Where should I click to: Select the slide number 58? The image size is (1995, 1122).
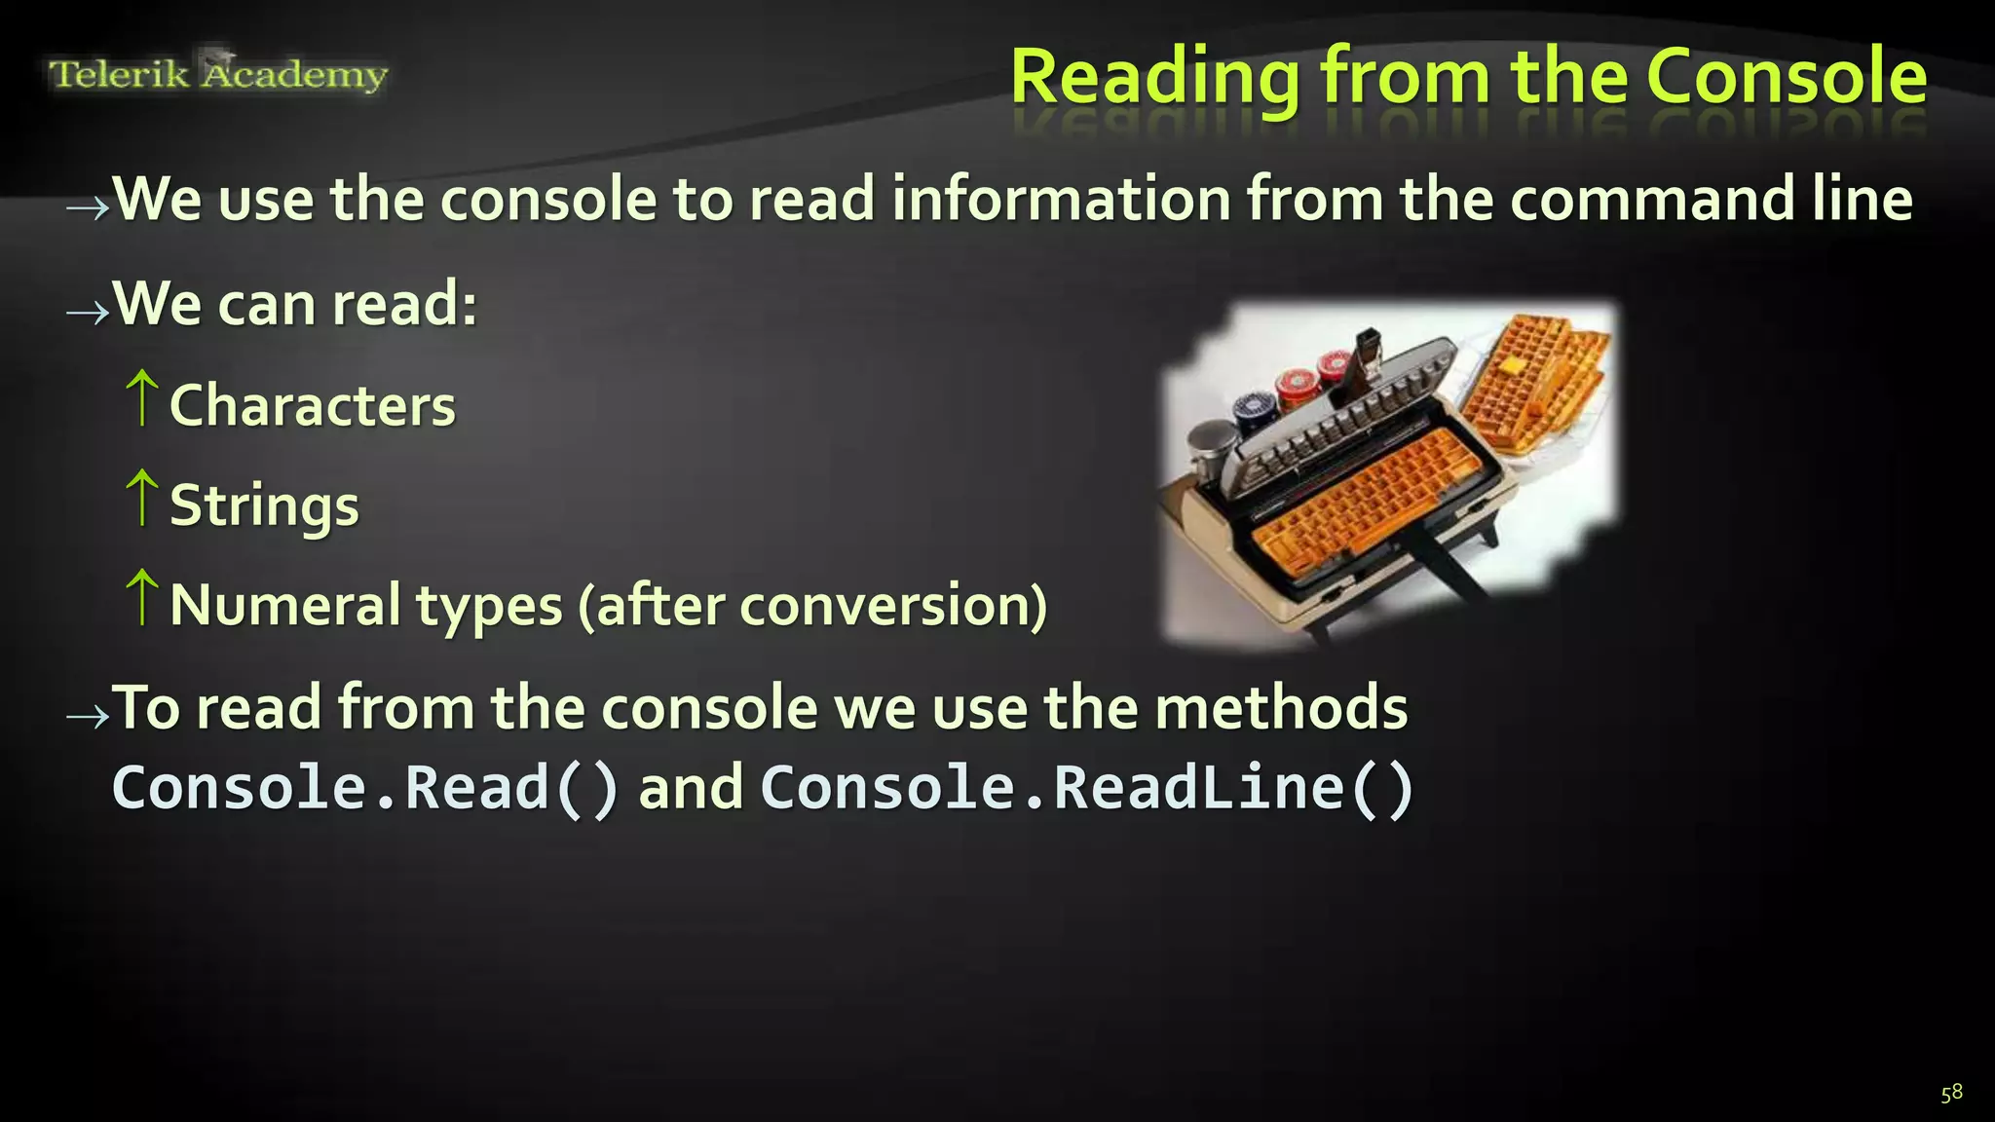(1951, 1093)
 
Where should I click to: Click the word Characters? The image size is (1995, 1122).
(313, 405)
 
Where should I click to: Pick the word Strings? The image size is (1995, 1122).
(264, 506)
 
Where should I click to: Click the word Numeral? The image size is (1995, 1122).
(284, 605)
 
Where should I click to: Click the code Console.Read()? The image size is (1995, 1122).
(364, 788)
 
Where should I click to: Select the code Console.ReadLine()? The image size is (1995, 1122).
(1085, 788)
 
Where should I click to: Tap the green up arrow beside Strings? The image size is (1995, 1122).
(142, 498)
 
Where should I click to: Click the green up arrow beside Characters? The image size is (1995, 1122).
(142, 397)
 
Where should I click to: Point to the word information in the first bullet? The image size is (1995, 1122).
(1061, 200)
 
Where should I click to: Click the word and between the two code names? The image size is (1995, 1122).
(691, 788)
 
